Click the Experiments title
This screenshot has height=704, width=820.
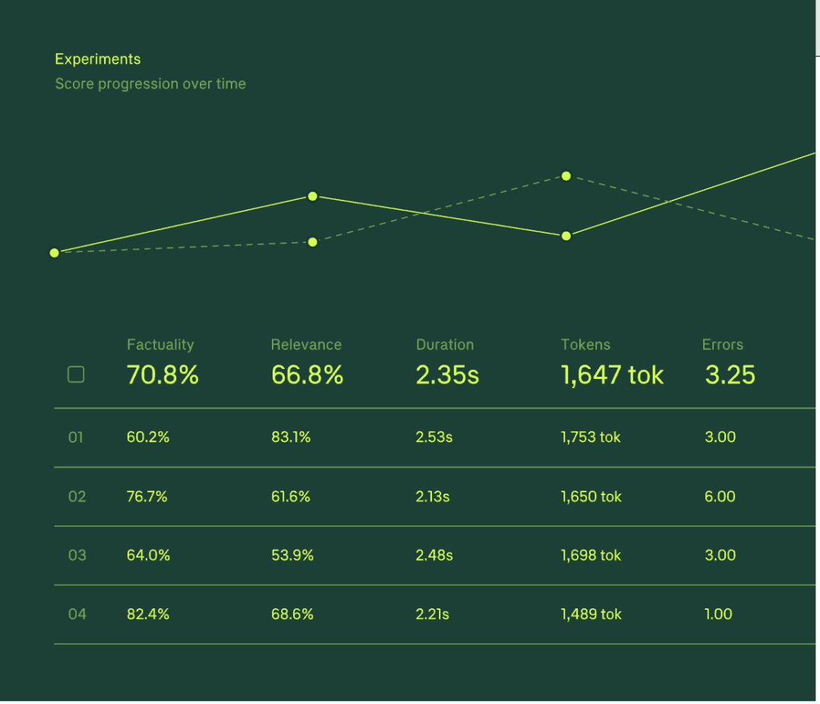click(x=98, y=59)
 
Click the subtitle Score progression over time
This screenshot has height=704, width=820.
click(x=150, y=84)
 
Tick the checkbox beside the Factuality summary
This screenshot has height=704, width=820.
click(x=76, y=374)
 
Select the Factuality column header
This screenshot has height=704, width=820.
click(x=160, y=345)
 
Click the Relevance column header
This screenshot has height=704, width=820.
click(x=306, y=345)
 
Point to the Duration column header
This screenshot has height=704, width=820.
click(x=445, y=345)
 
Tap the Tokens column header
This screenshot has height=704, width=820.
click(x=585, y=345)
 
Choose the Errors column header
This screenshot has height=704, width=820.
click(x=722, y=345)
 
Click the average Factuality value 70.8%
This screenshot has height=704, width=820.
click(x=162, y=374)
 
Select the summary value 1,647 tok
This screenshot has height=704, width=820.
click(x=612, y=374)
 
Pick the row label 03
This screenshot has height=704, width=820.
click(x=77, y=555)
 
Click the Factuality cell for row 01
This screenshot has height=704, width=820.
click(x=147, y=437)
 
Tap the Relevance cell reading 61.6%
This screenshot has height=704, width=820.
click(x=291, y=497)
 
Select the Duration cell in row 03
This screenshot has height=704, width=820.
click(x=434, y=555)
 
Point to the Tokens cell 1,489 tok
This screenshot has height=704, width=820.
click(x=591, y=614)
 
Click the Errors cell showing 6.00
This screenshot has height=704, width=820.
click(x=720, y=497)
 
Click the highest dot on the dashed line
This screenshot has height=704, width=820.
click(x=566, y=176)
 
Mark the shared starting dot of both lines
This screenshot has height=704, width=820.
click(x=54, y=253)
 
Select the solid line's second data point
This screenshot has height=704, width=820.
click(x=312, y=196)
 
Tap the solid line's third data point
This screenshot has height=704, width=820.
click(x=566, y=236)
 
